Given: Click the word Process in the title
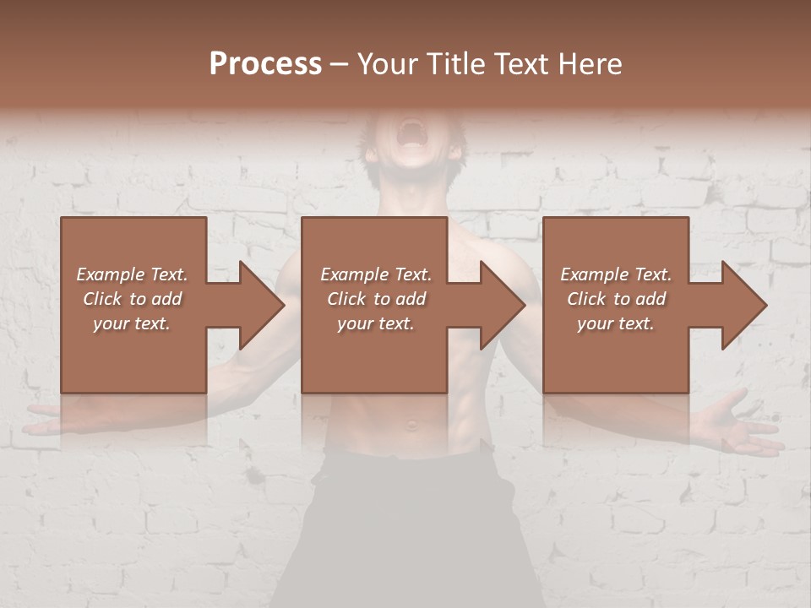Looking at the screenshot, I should coord(265,64).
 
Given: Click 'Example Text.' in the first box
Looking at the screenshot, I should coord(132,274).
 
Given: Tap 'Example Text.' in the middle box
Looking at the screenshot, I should coord(376,274).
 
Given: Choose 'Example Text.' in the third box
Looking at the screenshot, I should coord(616,274).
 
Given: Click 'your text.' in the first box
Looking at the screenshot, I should coord(132,323).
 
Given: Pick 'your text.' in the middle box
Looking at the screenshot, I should coord(376,323).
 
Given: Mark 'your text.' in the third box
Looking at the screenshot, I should coord(616,323).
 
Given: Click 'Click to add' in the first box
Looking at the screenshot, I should coord(132,299).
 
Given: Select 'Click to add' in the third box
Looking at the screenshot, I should coord(616,299).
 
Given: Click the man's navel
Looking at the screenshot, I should coord(411,424).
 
